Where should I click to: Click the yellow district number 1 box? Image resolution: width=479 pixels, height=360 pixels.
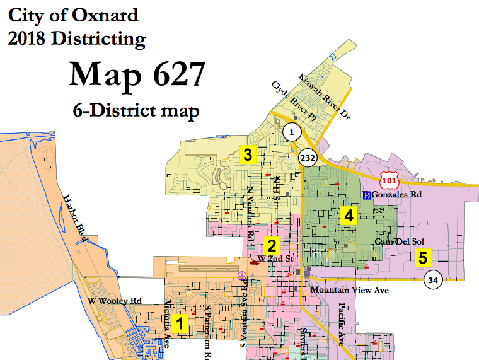click(x=180, y=323)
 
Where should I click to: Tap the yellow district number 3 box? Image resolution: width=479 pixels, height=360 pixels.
click(x=248, y=154)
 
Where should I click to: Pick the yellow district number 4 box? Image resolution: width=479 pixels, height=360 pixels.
click(x=347, y=216)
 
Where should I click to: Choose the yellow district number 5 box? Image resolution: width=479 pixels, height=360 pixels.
click(x=422, y=257)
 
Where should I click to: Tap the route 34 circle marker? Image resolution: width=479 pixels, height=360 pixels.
click(x=432, y=279)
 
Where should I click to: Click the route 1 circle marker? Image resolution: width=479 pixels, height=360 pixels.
click(x=291, y=132)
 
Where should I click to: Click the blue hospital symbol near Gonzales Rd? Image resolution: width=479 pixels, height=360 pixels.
click(x=367, y=195)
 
